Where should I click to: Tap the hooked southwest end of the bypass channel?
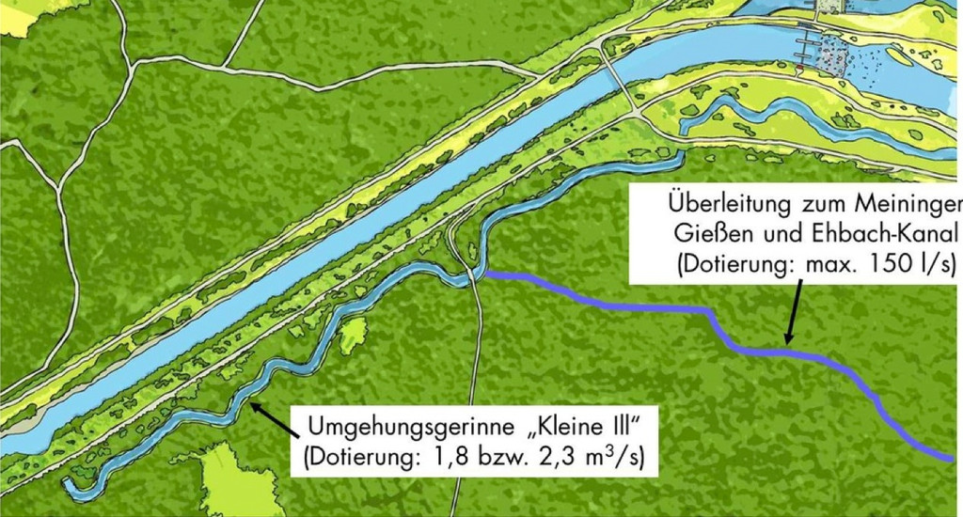point(71,486)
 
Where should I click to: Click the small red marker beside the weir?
point(798,70)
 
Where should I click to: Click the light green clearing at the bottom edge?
point(235,484)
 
